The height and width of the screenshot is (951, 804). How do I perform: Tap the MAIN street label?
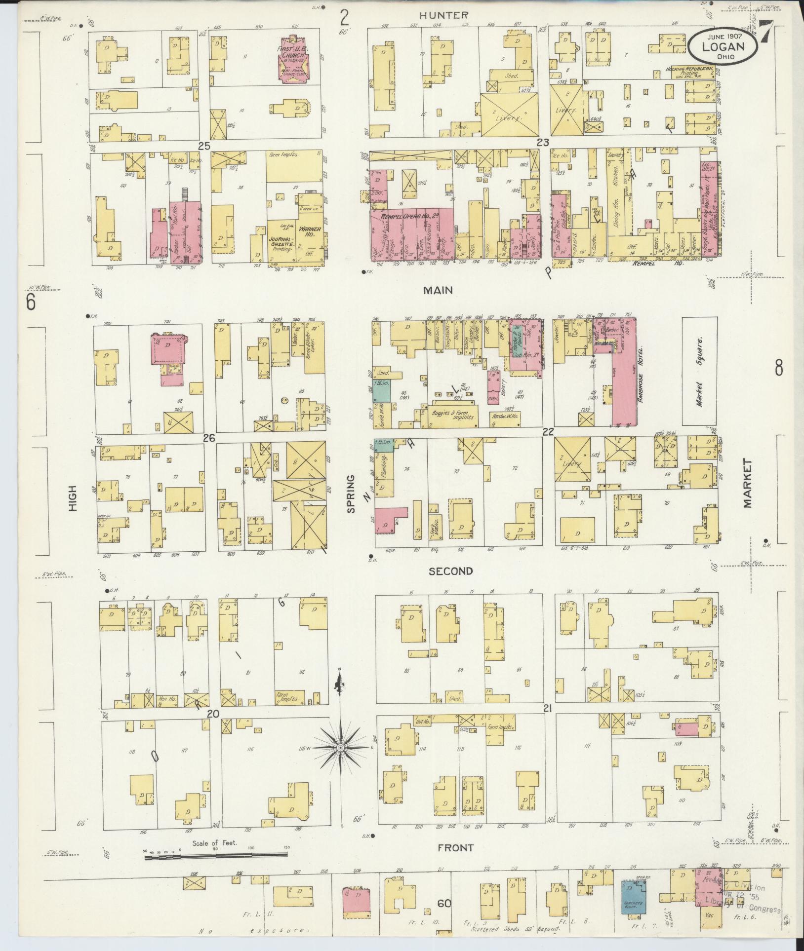(x=438, y=290)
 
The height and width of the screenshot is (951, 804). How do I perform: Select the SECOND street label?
(x=450, y=571)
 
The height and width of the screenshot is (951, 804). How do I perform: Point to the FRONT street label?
(x=455, y=847)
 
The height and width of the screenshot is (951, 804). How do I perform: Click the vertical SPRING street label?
(x=351, y=494)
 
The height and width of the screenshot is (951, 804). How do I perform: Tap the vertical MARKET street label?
(x=747, y=483)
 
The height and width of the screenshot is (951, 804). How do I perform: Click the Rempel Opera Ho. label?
(x=411, y=216)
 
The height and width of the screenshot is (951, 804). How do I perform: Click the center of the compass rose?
(x=340, y=762)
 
